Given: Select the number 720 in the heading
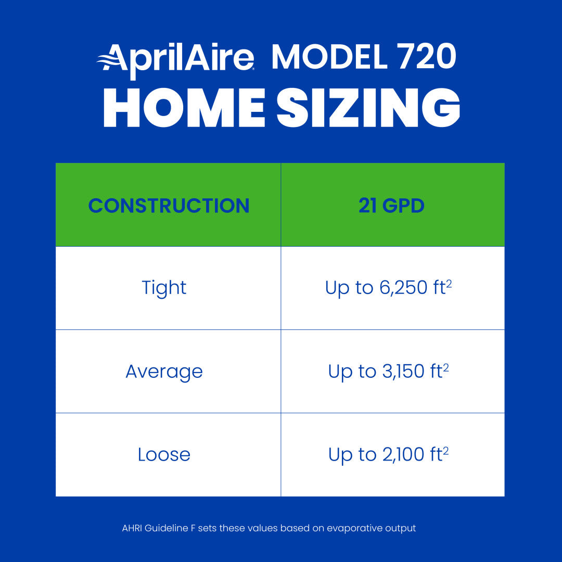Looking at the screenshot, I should click(426, 57).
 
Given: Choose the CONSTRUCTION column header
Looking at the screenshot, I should click(169, 206).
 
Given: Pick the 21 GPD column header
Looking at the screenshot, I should click(391, 206).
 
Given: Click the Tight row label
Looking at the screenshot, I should click(164, 288).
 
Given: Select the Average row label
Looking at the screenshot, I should click(164, 372).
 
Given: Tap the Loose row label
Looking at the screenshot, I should click(164, 455).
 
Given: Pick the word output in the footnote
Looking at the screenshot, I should click(401, 528).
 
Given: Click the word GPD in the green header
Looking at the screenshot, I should click(403, 206).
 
